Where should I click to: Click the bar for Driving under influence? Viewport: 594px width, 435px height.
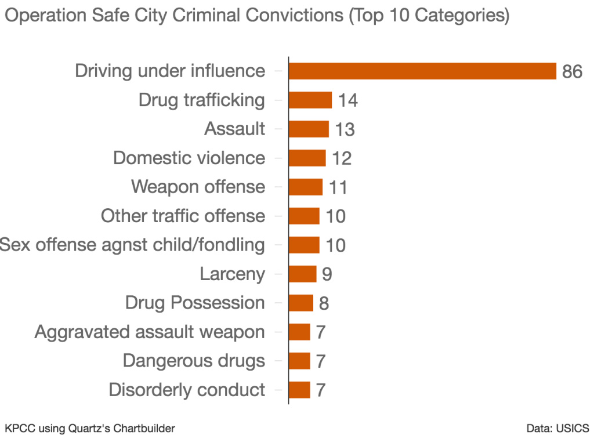click(x=422, y=71)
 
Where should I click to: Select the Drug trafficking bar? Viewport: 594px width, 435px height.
click(x=310, y=100)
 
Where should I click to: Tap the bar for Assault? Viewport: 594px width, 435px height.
click(x=308, y=129)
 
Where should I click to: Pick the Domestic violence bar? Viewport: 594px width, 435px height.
click(x=307, y=158)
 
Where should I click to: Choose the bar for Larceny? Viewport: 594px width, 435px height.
click(x=302, y=274)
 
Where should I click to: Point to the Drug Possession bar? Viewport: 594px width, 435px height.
click(x=300, y=303)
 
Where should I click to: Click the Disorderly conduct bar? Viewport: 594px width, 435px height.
click(x=299, y=390)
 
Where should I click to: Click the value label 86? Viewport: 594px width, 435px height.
click(x=571, y=71)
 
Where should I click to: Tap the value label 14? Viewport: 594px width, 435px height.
click(x=348, y=100)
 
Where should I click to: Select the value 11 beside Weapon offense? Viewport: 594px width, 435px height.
click(x=338, y=187)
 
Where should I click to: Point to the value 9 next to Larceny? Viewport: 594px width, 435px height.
click(x=327, y=274)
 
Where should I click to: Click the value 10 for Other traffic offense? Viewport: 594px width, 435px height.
click(x=335, y=216)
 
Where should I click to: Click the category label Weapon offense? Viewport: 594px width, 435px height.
click(x=198, y=187)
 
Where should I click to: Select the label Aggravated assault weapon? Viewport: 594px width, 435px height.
click(x=150, y=332)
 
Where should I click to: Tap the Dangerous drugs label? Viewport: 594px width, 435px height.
click(x=194, y=361)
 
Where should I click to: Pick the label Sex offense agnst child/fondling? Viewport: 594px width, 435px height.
click(x=132, y=245)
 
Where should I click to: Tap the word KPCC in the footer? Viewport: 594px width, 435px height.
click(x=17, y=428)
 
